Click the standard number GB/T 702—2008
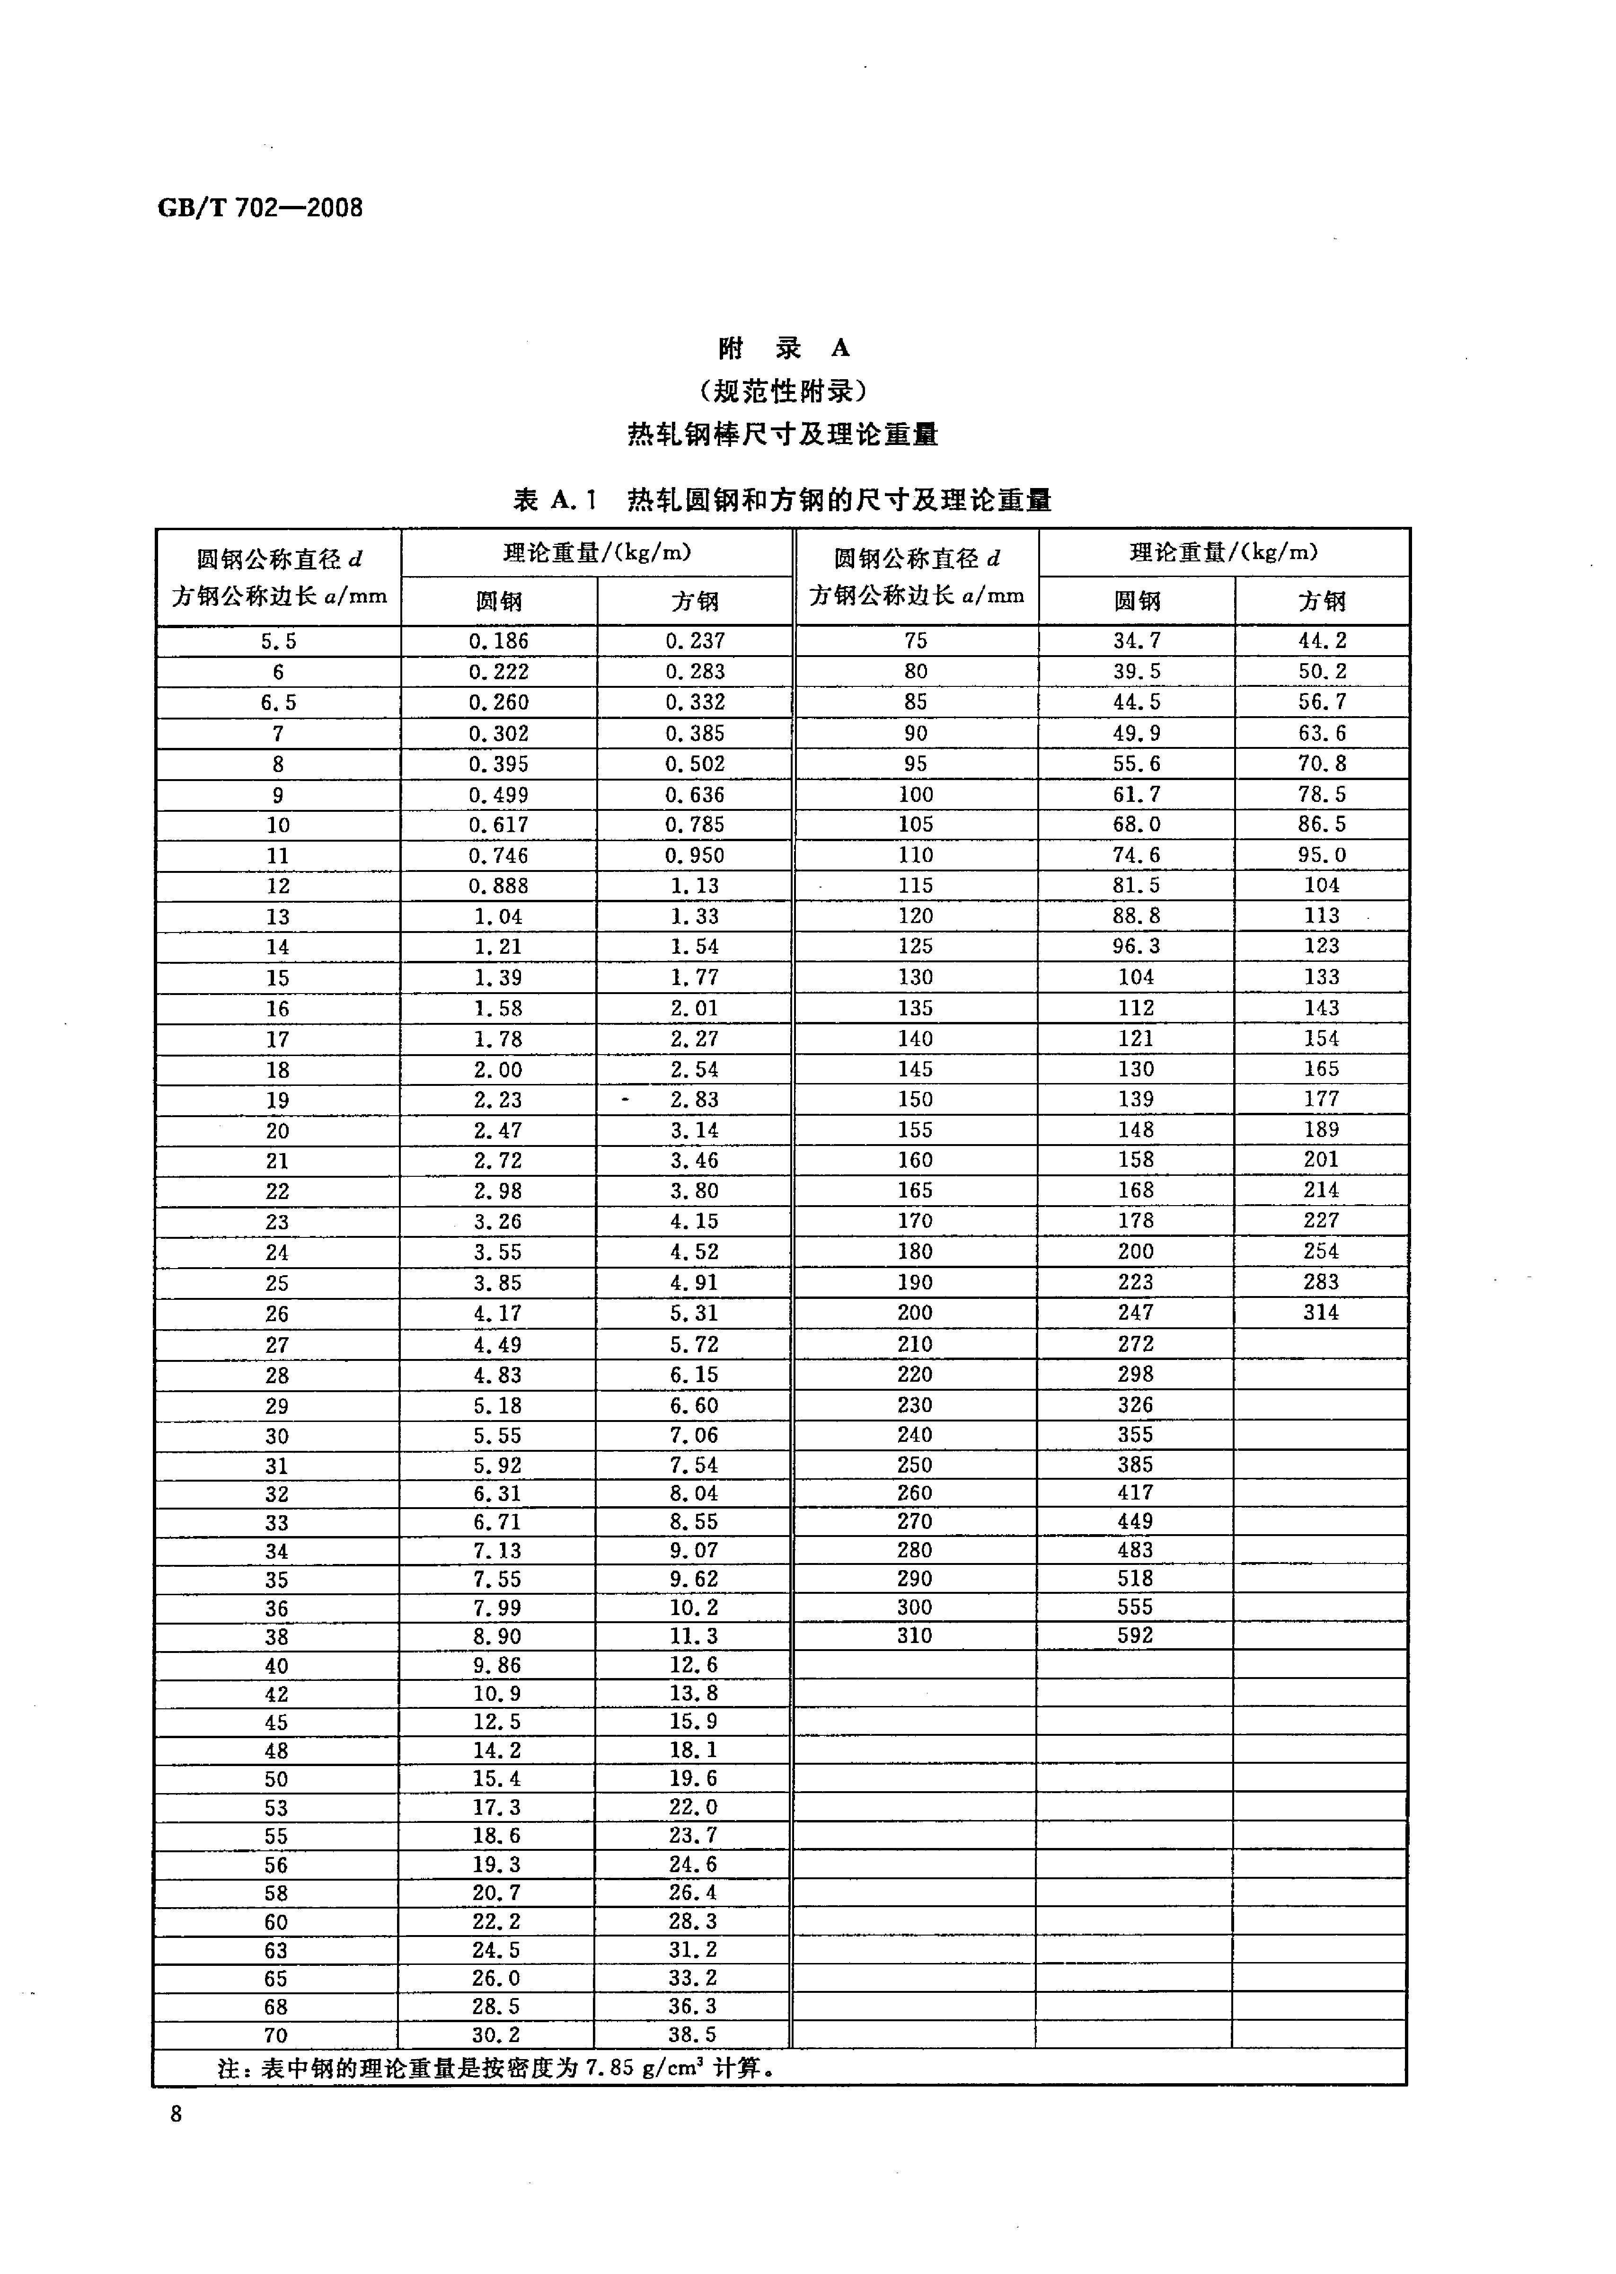click(261, 208)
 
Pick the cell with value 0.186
click(499, 641)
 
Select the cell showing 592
click(1135, 1635)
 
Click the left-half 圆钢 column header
click(499, 601)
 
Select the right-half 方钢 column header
click(1322, 601)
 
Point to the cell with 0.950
click(695, 855)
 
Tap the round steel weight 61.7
click(1136, 794)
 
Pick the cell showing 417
click(1135, 1493)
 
